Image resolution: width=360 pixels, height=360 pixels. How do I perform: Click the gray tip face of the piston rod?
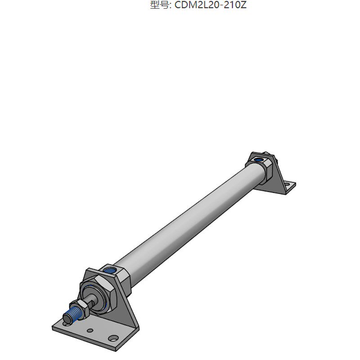tap(67, 319)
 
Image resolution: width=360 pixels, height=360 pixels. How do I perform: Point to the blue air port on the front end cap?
tap(110, 270)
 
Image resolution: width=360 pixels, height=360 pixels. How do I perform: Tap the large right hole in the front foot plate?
tap(113, 339)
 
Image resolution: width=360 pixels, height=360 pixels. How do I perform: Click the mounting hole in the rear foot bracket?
tap(287, 184)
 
